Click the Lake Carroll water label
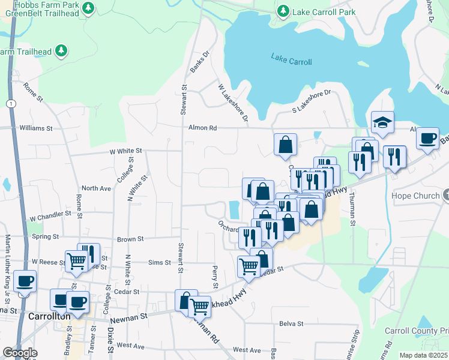point(291,59)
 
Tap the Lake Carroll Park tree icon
point(283,11)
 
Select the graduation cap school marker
point(382,123)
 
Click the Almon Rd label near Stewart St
point(202,128)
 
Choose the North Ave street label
point(97,188)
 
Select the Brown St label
point(130,239)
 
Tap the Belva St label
point(291,323)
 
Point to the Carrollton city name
point(49,316)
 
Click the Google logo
point(20,353)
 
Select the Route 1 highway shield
point(11,104)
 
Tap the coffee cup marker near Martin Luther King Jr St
point(25,281)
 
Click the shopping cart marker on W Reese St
point(77,261)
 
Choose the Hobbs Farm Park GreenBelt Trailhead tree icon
point(89,7)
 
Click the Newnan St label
point(127,316)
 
